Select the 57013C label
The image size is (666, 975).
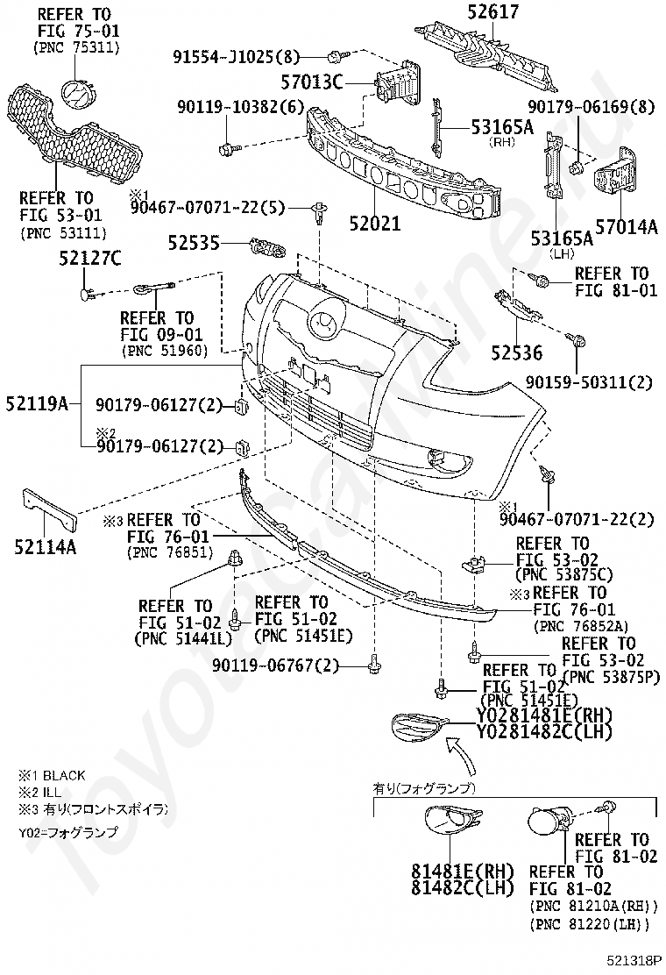click(312, 82)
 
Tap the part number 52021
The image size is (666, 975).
click(375, 223)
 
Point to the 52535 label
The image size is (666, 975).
click(194, 243)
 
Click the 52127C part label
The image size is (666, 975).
click(90, 257)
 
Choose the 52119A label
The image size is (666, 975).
click(38, 403)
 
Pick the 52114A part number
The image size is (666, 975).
click(46, 546)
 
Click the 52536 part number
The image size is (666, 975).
click(517, 352)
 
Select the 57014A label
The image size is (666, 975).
click(627, 227)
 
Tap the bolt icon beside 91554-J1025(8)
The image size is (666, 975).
click(335, 57)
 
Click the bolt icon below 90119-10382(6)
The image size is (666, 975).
click(227, 148)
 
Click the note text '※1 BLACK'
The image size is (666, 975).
click(52, 775)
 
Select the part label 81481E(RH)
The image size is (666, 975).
click(463, 870)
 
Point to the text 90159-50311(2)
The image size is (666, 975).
click(589, 381)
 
